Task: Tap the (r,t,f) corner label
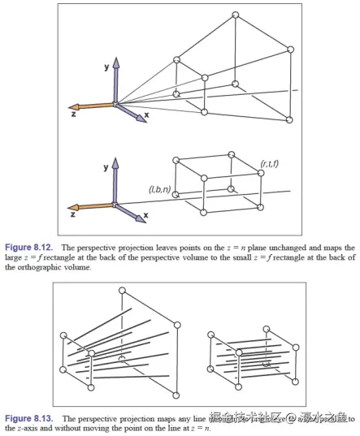[x=271, y=166]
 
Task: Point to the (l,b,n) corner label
[x=159, y=190]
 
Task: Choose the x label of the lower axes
[x=145, y=217]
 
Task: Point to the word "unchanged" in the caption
[x=274, y=246]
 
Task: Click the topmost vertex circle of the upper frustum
[x=236, y=15]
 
